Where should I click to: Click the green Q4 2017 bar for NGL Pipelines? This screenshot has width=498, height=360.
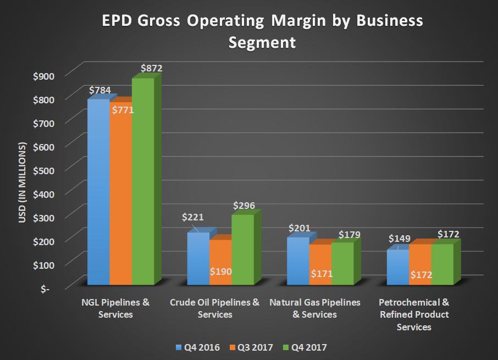[142, 181]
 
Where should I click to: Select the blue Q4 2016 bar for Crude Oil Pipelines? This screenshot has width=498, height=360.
[198, 258]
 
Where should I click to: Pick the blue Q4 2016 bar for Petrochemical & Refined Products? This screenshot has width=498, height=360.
[397, 267]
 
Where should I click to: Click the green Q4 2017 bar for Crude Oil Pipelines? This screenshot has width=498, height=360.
[242, 250]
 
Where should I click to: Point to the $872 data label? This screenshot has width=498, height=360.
[151, 69]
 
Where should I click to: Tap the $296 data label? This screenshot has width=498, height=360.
[244, 206]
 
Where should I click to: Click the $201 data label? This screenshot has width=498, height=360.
[300, 228]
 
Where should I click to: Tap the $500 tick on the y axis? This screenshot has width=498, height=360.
[43, 169]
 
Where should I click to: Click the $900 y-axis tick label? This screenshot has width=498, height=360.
[43, 75]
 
